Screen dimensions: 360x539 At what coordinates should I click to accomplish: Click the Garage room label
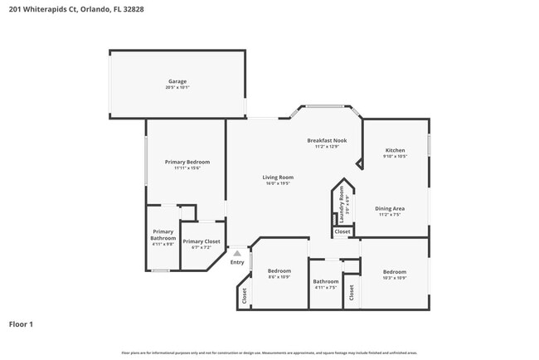(176, 81)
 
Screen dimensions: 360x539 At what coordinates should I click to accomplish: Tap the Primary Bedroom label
(187, 162)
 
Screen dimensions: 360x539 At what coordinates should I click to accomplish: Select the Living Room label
(279, 177)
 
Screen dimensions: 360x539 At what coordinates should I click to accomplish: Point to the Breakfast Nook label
(327, 140)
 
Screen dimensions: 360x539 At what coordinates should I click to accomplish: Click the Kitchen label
(395, 150)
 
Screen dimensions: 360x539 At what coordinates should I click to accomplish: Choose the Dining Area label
(390, 208)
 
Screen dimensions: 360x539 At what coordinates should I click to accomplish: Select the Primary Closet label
(202, 241)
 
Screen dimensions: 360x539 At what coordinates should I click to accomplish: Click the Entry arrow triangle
(237, 254)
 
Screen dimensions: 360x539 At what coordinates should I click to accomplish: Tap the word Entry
(237, 262)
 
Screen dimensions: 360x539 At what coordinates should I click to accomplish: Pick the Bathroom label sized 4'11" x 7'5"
(325, 281)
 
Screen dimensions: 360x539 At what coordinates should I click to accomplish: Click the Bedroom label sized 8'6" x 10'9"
(279, 271)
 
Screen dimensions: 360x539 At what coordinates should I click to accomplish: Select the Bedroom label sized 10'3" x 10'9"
(395, 272)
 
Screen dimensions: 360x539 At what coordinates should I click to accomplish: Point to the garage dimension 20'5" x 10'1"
(177, 87)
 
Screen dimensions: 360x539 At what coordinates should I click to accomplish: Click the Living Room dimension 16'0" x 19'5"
(279, 183)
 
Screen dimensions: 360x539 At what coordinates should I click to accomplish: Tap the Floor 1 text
(21, 324)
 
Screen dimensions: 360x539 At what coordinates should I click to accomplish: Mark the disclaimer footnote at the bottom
(269, 353)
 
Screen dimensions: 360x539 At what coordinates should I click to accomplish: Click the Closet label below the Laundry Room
(342, 232)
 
